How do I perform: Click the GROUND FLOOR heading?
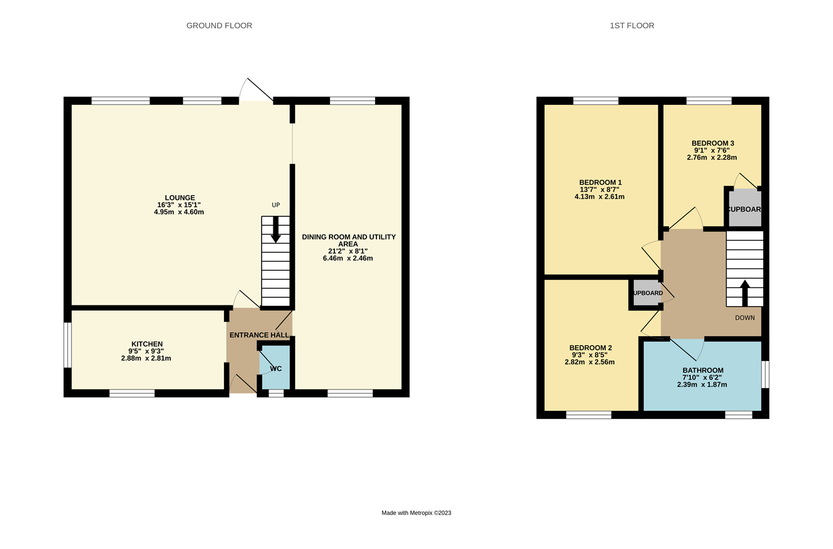[219, 25]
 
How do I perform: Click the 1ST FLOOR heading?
[632, 25]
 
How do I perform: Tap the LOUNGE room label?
[180, 198]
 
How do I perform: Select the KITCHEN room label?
[147, 344]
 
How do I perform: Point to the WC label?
[275, 368]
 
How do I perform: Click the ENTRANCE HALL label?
[259, 335]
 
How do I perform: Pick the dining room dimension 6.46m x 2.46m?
[347, 258]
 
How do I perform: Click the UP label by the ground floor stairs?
[276, 205]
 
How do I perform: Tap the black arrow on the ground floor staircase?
[275, 229]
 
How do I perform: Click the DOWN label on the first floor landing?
[745, 318]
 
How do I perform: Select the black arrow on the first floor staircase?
[745, 293]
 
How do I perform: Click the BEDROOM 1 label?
[600, 183]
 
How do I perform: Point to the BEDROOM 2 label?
[591, 348]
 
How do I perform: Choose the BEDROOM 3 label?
[713, 143]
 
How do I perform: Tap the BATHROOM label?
[702, 370]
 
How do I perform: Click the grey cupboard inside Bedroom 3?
[745, 209]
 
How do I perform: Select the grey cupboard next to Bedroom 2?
[647, 293]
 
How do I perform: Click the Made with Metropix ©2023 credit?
[416, 513]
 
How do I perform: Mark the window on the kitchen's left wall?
[68, 345]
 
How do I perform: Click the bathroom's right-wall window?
[765, 374]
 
